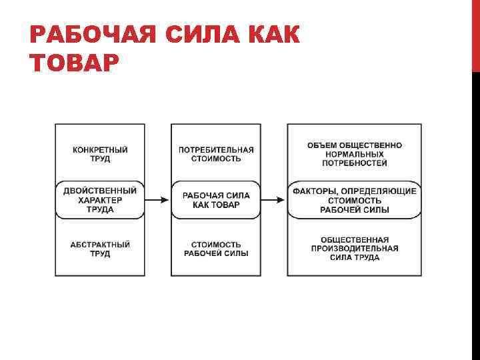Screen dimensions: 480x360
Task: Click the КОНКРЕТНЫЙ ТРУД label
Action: coord(100,154)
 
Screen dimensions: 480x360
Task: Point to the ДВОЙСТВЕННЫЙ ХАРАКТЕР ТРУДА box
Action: coord(100,200)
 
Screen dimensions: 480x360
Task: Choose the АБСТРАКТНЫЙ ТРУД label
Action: coord(100,249)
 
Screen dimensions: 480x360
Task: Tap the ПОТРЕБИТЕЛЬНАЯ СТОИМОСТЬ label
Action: coord(216,154)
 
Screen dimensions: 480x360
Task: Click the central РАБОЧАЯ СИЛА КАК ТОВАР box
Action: coord(216,200)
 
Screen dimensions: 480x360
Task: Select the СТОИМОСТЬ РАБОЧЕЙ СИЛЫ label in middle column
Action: coord(216,249)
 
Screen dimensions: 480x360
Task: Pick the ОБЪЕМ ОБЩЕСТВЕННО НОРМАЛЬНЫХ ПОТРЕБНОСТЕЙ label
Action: coord(354,154)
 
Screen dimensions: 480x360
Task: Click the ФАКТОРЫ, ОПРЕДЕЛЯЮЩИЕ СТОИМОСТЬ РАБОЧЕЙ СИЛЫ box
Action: coord(354,200)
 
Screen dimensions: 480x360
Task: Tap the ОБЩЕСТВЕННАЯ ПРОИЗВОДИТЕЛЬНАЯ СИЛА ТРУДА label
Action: coord(354,249)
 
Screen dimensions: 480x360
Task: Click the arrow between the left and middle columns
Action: coord(157,199)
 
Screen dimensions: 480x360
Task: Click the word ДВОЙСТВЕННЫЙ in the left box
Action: coord(100,191)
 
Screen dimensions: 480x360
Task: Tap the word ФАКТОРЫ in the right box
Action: coord(315,191)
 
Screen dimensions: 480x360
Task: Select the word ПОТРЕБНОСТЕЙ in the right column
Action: coord(354,163)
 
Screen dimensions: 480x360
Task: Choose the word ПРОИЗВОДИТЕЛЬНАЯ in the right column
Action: coord(354,249)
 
